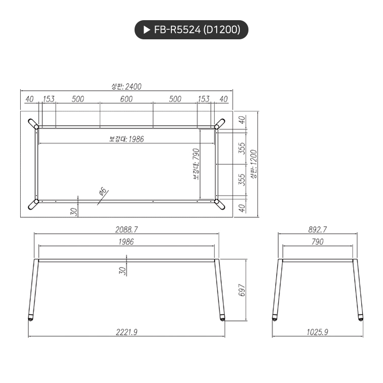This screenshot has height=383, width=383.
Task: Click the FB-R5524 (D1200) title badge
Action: (x=191, y=30)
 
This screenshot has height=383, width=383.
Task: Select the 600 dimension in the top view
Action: (x=126, y=99)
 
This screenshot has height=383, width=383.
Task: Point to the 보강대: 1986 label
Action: (x=126, y=139)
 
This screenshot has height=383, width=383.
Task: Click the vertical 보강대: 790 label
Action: (x=196, y=164)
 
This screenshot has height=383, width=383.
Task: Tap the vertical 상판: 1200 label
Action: (x=253, y=164)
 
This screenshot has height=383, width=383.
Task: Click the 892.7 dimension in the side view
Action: (x=317, y=229)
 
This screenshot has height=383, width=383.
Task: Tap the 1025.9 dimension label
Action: (x=317, y=332)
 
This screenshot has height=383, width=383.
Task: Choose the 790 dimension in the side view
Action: (x=317, y=242)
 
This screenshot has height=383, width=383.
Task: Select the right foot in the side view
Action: (x=360, y=318)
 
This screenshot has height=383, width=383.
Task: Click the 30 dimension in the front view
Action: (x=122, y=271)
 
